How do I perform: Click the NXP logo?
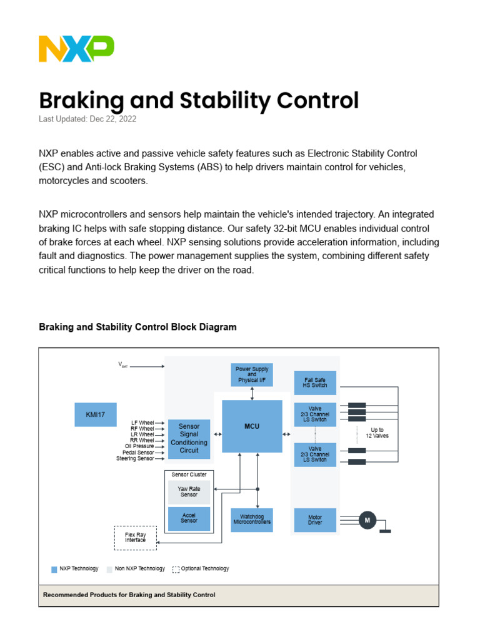76,49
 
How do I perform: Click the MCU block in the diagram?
252,426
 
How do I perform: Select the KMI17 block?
96,414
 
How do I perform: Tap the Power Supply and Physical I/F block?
252,374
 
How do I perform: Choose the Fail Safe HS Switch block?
315,382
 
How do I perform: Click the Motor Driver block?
315,520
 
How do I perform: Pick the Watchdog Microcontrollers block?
252,520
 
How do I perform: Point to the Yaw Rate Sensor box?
189,492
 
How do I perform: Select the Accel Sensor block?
189,518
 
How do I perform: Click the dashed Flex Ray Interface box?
136,538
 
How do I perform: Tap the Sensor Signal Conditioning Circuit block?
189,438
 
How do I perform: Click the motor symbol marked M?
367,520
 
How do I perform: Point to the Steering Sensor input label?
135,459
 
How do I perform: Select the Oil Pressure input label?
139,446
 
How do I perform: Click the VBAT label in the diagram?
123,365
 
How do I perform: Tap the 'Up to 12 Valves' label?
377,433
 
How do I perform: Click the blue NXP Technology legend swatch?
54,570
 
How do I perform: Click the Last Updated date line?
87,119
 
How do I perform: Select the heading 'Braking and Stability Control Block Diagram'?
137,327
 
